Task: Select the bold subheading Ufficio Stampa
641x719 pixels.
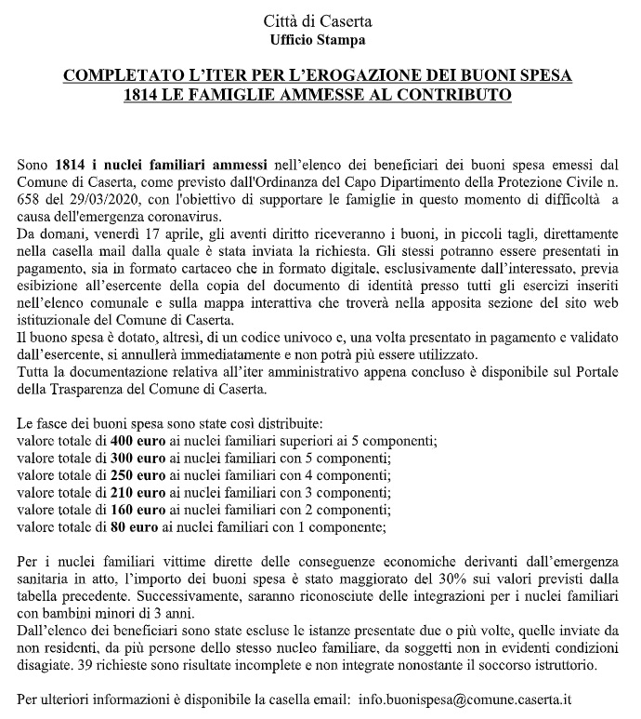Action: [318, 40]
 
